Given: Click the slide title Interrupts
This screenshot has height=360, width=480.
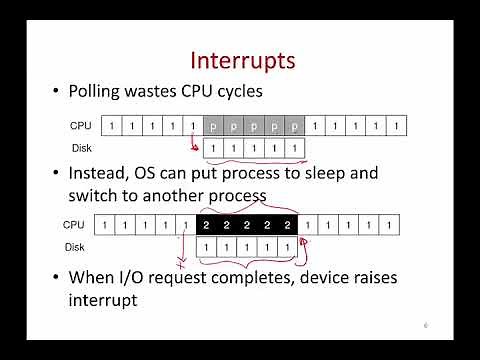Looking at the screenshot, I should click(x=242, y=59).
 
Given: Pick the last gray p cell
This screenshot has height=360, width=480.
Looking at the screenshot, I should click(x=295, y=126).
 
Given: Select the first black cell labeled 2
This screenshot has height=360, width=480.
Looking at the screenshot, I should click(x=203, y=225).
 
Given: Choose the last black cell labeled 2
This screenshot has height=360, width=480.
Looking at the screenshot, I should click(x=287, y=225).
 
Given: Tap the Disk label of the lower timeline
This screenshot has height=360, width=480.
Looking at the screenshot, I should click(x=75, y=246).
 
